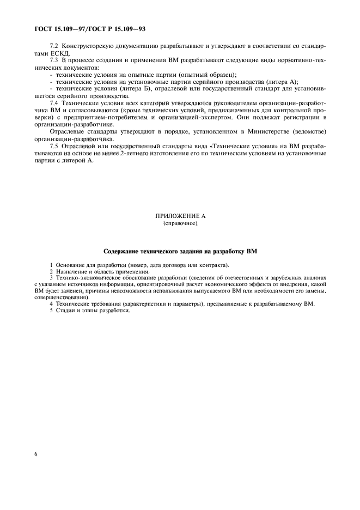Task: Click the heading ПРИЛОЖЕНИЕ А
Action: click(179, 216)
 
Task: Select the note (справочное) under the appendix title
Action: click(179, 223)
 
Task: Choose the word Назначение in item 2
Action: click(70, 271)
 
